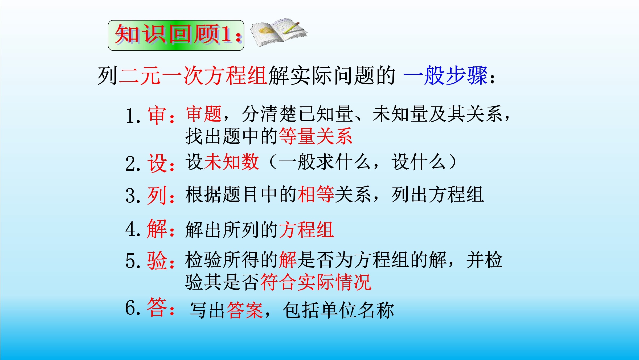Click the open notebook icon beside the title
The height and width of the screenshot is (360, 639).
[x=279, y=32]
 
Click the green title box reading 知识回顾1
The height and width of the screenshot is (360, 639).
[x=176, y=35]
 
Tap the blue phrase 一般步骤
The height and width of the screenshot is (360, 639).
[x=445, y=75]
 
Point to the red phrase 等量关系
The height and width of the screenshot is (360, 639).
[x=316, y=136]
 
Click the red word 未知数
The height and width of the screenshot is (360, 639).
[x=231, y=162]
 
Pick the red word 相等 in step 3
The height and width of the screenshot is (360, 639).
[x=316, y=194]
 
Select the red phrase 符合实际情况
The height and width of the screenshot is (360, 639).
[x=316, y=282]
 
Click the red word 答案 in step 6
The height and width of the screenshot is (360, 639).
[x=245, y=310]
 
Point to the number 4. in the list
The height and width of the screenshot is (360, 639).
[x=133, y=229]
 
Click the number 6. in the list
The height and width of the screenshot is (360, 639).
[x=133, y=308]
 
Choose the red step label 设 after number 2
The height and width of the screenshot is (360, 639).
[x=157, y=163]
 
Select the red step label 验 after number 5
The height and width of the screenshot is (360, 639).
[x=157, y=260]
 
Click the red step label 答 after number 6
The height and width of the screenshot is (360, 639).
[x=157, y=307]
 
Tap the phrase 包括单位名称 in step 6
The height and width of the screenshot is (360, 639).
[x=338, y=310]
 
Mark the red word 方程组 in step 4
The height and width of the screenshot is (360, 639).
[x=306, y=229]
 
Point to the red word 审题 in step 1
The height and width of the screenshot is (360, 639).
[x=204, y=114]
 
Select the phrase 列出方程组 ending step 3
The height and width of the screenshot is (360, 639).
[x=438, y=194]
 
